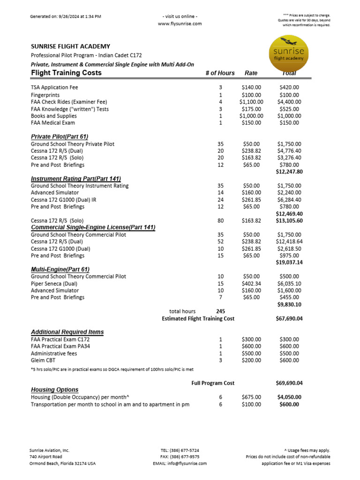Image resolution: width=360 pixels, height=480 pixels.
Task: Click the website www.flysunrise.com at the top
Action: pos(180,23)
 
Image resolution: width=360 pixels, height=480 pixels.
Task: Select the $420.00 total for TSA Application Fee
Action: pos(289,87)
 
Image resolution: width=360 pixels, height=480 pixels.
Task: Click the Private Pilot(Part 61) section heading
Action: pos(60,136)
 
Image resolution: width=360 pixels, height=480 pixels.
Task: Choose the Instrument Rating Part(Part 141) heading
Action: pos(76,179)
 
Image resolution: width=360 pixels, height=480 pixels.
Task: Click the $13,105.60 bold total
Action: pos(289,220)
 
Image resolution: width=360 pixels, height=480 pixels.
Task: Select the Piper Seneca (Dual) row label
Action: pos(54,284)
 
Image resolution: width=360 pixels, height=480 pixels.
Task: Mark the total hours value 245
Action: pos(220,311)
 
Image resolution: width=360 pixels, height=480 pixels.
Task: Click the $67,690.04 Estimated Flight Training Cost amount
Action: pos(289,319)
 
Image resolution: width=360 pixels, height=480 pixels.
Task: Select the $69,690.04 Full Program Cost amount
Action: pos(289,383)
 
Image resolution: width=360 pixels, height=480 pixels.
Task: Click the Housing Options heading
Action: pos(54,390)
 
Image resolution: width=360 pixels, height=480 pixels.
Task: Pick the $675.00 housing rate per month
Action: pos(251,397)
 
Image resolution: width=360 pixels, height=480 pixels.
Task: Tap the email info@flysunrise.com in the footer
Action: pos(180,464)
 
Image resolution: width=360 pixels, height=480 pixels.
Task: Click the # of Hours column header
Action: pos(219,73)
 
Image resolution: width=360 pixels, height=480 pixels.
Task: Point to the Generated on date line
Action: pos(66,16)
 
